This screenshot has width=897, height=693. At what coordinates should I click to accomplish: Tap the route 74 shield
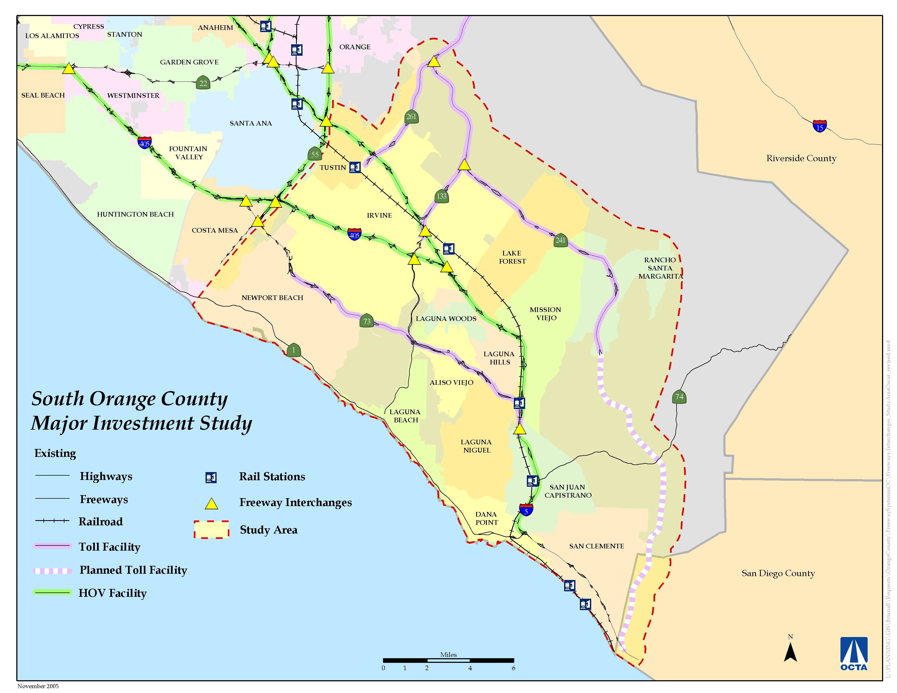tap(679, 397)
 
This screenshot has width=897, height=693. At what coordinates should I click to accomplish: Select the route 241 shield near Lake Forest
tap(560, 241)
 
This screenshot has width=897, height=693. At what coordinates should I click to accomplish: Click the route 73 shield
tap(367, 321)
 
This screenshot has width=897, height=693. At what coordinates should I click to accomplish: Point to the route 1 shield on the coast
tap(294, 350)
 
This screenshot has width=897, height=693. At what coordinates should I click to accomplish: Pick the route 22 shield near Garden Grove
tap(203, 83)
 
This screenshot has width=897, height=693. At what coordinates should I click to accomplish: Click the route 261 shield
tap(411, 117)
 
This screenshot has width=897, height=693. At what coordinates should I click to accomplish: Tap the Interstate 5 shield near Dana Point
tap(526, 510)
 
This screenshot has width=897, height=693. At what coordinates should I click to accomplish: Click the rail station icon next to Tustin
tap(355, 167)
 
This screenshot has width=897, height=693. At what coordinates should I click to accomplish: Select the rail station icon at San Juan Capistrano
tap(532, 480)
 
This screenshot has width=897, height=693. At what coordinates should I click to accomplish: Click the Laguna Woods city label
tap(446, 319)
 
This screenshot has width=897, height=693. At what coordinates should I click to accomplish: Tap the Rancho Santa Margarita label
tap(660, 268)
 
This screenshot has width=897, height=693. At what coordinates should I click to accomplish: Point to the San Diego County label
tap(778, 573)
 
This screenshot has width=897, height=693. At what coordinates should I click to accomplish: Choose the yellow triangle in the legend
tap(211, 504)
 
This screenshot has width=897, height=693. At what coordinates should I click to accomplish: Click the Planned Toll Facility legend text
tap(133, 570)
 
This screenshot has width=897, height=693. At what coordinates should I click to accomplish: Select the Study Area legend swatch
tap(211, 530)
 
